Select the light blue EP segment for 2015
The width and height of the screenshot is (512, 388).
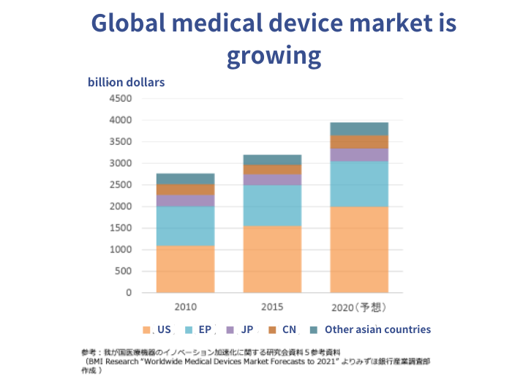272,205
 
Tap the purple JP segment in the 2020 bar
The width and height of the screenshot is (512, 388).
358,154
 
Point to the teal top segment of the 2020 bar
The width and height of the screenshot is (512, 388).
358,129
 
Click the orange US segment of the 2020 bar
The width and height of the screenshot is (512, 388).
358,249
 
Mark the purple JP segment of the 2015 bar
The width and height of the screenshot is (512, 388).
272,179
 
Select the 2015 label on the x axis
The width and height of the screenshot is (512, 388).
271,306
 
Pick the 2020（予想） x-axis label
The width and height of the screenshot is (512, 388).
358,306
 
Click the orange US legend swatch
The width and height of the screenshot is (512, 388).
147,330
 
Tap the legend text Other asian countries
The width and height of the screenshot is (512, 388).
377,329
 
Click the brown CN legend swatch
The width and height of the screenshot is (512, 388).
272,330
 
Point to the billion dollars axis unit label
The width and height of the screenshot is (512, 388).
126,82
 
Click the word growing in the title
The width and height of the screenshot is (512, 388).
274,56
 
